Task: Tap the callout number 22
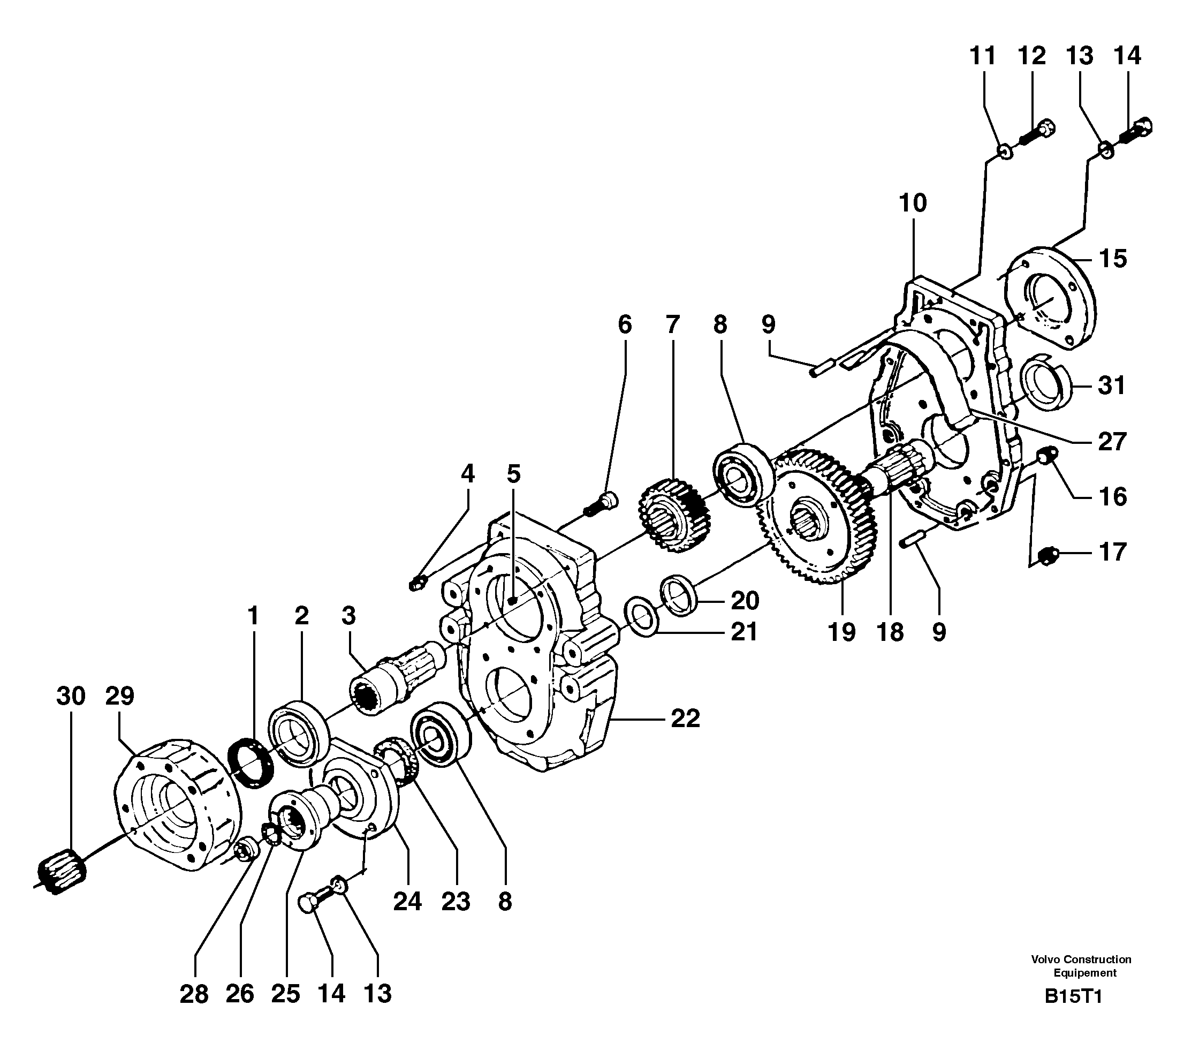tap(685, 720)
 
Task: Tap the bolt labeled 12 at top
tap(1037, 132)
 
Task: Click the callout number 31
tap(1111, 385)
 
